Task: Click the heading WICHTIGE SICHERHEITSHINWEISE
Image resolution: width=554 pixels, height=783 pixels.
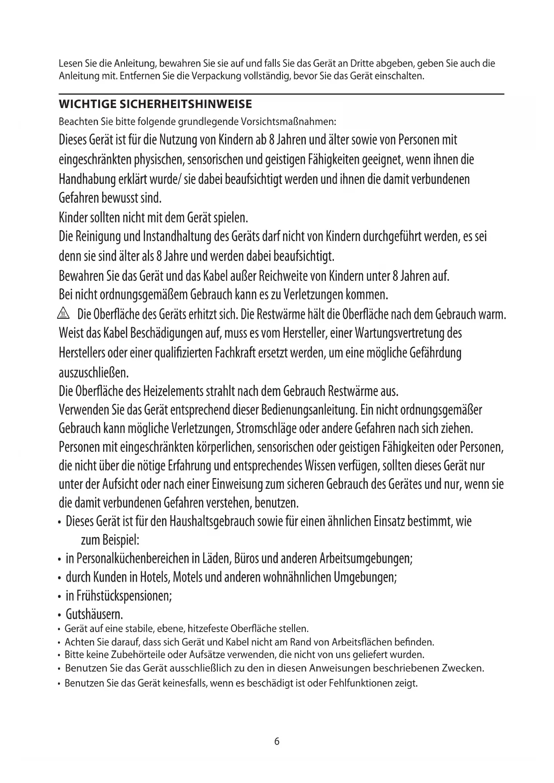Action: tap(155, 104)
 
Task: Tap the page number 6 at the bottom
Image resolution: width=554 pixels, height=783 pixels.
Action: tap(277, 741)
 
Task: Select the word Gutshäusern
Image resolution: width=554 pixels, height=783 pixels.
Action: tap(94, 614)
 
